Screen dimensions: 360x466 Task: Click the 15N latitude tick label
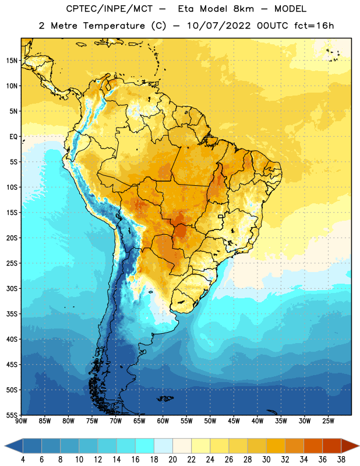point(12,61)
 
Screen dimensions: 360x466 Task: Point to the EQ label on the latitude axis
point(13,137)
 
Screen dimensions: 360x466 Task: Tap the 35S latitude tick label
point(12,314)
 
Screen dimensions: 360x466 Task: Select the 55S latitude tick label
point(12,415)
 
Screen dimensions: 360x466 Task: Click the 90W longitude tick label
point(21,421)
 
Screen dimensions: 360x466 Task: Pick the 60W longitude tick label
point(163,421)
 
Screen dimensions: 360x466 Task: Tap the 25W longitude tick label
point(328,421)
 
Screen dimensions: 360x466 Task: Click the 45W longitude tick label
point(234,421)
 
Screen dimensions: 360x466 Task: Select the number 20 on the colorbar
point(172,460)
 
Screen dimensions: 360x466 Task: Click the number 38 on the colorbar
point(341,460)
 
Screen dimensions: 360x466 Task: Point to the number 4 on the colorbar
point(23,460)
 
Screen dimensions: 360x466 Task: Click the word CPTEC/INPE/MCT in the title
point(109,9)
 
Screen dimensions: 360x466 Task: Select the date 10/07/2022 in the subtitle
point(219,26)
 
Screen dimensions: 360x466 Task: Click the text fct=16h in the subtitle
point(314,26)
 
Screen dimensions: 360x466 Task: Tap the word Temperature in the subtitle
point(114,26)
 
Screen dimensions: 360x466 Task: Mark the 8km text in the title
point(243,9)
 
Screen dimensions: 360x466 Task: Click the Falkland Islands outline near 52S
point(165,398)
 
